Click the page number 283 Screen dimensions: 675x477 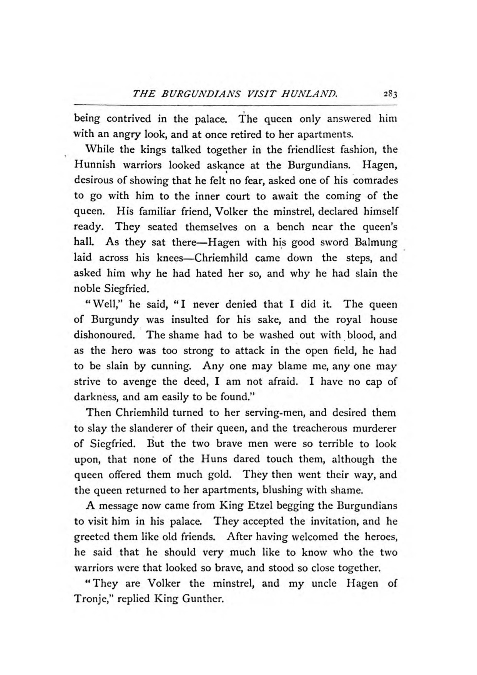tap(389, 94)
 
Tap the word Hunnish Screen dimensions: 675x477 tap(95, 165)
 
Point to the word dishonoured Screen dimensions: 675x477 tap(104, 335)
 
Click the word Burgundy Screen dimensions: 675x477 tap(115, 320)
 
